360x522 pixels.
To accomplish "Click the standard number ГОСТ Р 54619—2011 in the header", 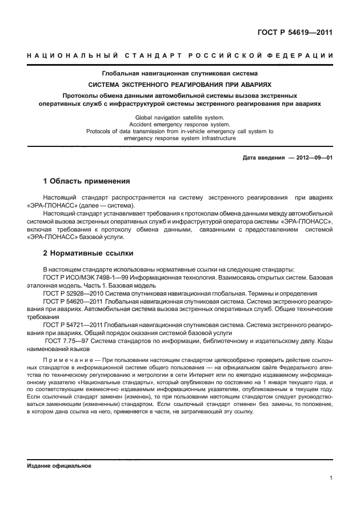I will click(x=293, y=33).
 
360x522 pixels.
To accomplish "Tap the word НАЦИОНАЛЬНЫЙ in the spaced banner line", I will click(x=72, y=55).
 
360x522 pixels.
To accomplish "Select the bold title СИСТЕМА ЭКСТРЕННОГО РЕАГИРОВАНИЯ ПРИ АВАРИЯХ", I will click(x=180, y=83).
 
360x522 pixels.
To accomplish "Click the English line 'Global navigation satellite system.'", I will click(x=179, y=117).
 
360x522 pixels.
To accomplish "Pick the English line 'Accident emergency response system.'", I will click(x=179, y=123).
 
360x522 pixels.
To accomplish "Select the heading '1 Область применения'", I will click(x=87, y=181).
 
